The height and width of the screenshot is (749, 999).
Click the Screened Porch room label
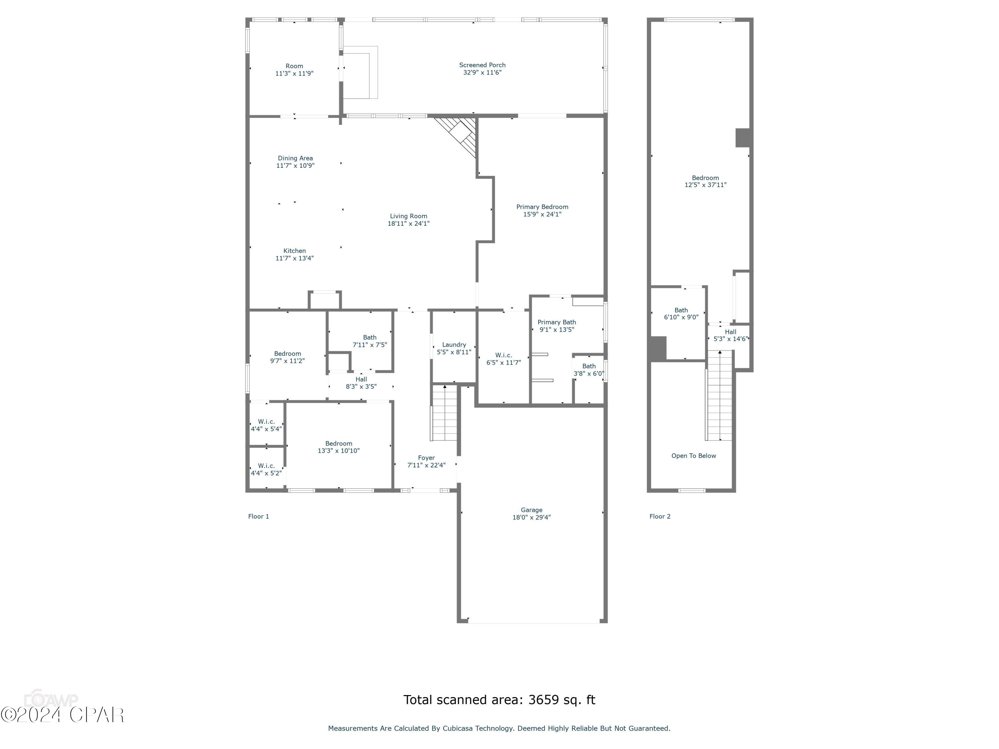click(482, 65)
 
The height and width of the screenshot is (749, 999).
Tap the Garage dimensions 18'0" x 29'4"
click(531, 517)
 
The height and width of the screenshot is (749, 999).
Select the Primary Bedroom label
click(542, 207)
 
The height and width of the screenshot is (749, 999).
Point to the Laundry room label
click(454, 345)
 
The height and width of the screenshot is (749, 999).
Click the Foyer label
click(426, 458)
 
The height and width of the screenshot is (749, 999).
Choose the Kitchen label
click(294, 251)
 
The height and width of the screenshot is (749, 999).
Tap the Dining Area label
click(295, 158)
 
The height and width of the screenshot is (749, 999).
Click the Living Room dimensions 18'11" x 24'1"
click(408, 223)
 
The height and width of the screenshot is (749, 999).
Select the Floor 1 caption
click(258, 517)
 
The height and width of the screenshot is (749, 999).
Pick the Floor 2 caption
click(660, 517)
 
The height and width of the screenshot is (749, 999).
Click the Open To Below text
click(693, 456)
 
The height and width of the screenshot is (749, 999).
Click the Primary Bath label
click(556, 322)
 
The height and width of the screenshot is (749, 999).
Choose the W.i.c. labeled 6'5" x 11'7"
click(503, 355)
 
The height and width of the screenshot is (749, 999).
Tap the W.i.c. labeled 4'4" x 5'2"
click(266, 466)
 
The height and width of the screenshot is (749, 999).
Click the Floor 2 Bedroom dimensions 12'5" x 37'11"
click(705, 185)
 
